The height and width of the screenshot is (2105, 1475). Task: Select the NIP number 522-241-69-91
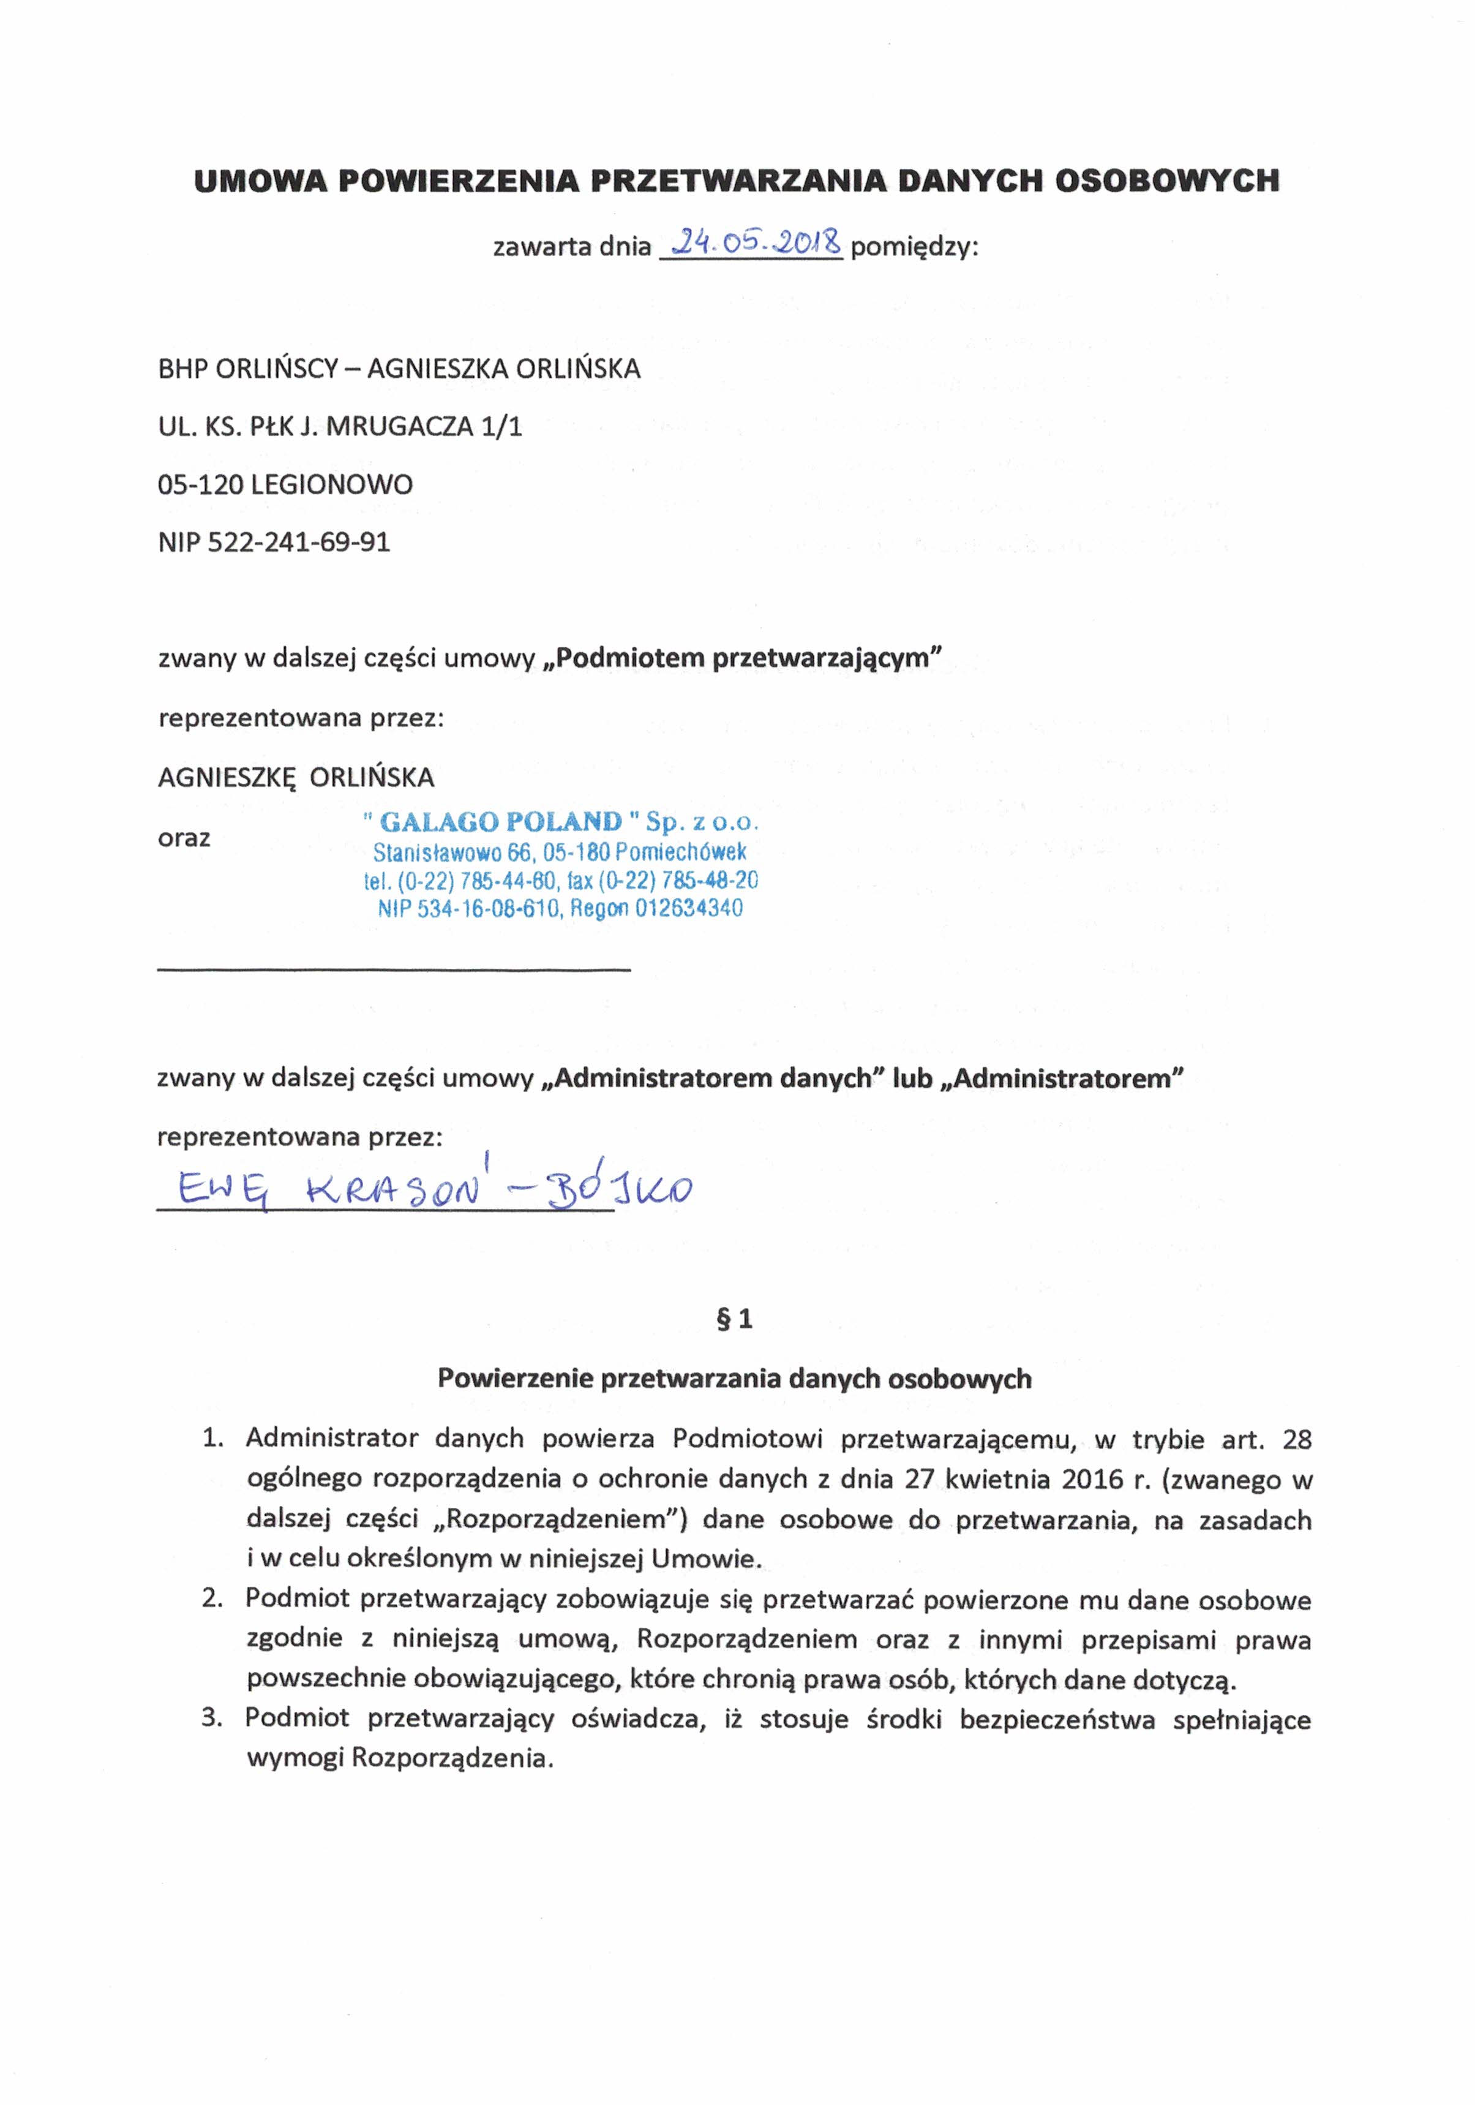point(299,542)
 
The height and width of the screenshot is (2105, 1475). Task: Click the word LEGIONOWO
point(332,484)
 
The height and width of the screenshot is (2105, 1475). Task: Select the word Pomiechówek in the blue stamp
point(681,852)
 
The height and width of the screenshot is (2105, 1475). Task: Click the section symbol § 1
point(734,1319)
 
